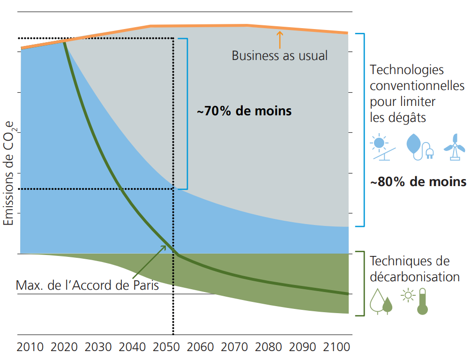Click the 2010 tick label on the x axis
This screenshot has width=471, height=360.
pyautogui.click(x=30, y=347)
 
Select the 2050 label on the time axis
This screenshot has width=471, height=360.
pyautogui.click(x=166, y=347)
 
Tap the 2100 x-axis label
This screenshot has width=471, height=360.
pyautogui.click(x=337, y=347)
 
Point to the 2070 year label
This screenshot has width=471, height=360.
pyautogui.click(x=235, y=347)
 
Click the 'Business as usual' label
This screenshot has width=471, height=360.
pyautogui.click(x=280, y=55)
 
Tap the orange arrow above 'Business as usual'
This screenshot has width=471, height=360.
pyautogui.click(x=280, y=39)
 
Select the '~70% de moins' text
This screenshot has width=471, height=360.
pyautogui.click(x=244, y=112)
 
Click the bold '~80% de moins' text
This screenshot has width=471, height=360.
pyautogui.click(x=418, y=182)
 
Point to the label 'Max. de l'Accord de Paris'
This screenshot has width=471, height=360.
pyautogui.click(x=87, y=285)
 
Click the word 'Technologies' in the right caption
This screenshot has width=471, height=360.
pyautogui.click(x=407, y=70)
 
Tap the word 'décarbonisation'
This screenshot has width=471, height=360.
pyautogui.click(x=415, y=277)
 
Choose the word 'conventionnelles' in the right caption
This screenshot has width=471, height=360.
pyautogui.click(x=417, y=86)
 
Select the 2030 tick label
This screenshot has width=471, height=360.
pyautogui.click(x=98, y=347)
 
